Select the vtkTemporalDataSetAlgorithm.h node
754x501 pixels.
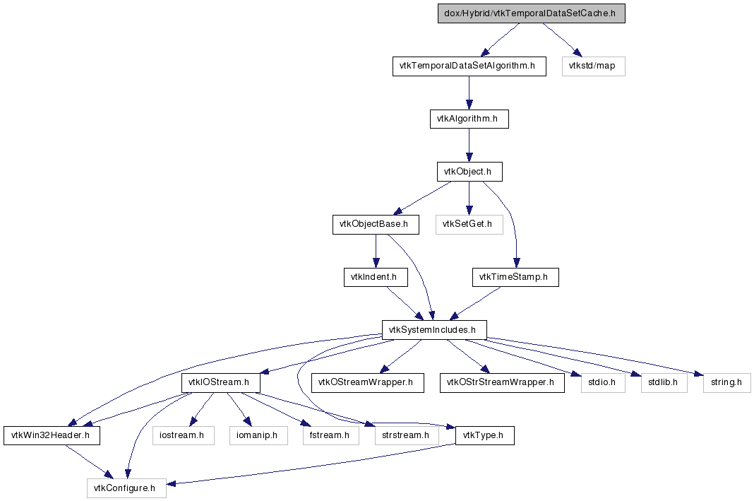(x=469, y=66)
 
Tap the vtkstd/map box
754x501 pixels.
(x=593, y=66)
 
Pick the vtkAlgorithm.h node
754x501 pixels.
(x=469, y=119)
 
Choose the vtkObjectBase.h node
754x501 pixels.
(x=375, y=225)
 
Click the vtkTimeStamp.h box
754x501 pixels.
(x=515, y=277)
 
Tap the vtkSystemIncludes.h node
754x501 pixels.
(x=433, y=330)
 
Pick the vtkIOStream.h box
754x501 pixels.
(x=221, y=383)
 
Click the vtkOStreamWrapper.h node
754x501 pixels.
(x=367, y=383)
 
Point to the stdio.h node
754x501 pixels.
(x=597, y=383)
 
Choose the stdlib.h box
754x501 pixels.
(x=658, y=383)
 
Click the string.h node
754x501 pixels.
(x=726, y=383)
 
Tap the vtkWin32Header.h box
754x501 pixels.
(x=51, y=436)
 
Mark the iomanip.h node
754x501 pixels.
(x=258, y=436)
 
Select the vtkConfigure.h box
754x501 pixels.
(x=126, y=488)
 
